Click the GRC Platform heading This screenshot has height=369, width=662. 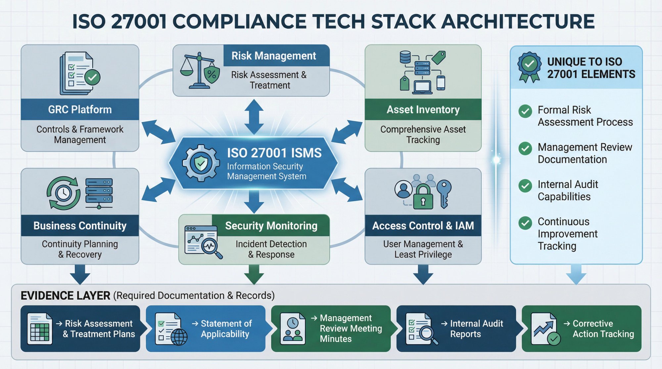80,109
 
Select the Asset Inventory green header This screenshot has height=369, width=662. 423,109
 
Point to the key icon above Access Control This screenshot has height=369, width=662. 444,193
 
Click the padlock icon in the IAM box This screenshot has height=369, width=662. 423,197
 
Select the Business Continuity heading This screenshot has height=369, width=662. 80,225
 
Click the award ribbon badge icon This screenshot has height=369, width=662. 529,66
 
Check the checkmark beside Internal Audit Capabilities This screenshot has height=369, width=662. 525,186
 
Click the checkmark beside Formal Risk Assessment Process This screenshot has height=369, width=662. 525,111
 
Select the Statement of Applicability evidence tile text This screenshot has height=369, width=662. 226,329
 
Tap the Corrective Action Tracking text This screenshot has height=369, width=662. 603,329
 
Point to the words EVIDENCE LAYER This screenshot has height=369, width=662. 65,295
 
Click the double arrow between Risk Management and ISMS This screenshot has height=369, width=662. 254,117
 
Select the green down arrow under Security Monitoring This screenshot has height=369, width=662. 254,274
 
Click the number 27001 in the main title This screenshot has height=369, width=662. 139,22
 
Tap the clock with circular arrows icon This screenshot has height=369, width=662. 63,193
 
